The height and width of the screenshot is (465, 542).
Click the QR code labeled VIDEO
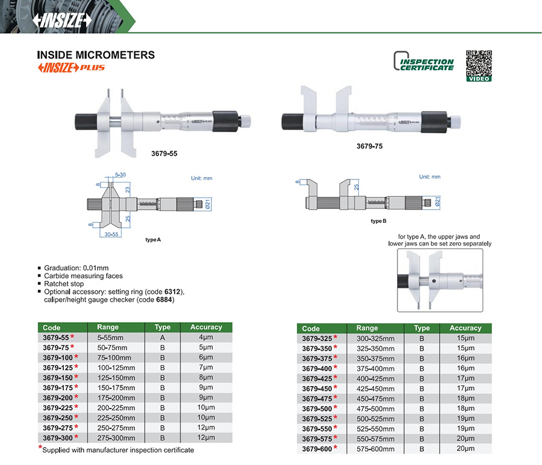[x=479, y=66]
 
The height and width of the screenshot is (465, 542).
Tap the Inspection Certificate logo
[x=424, y=61]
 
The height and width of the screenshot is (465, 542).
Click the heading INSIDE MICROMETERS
[x=96, y=55]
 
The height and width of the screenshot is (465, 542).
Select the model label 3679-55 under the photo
[x=164, y=154]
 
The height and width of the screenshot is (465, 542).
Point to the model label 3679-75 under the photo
[x=370, y=146]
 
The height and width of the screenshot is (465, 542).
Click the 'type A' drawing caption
[x=153, y=240]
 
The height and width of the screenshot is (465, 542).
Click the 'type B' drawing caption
[x=379, y=221]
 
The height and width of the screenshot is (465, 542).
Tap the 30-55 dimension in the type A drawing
[x=111, y=234]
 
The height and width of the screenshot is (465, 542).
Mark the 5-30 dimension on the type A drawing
[x=120, y=175]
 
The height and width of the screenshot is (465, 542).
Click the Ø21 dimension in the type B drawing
[x=437, y=202]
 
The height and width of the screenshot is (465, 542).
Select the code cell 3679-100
[x=58, y=357]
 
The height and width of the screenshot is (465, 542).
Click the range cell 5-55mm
[x=110, y=337]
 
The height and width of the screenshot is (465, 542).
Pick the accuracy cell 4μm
[x=206, y=337]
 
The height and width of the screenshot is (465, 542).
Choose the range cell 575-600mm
[x=375, y=449]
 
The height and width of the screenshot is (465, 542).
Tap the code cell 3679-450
[x=317, y=389]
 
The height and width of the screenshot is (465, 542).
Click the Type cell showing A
[x=163, y=337]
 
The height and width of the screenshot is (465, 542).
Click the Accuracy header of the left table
[x=206, y=327]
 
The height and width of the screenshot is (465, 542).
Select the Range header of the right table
[x=367, y=328]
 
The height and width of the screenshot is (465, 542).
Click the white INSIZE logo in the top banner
[x=62, y=20]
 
